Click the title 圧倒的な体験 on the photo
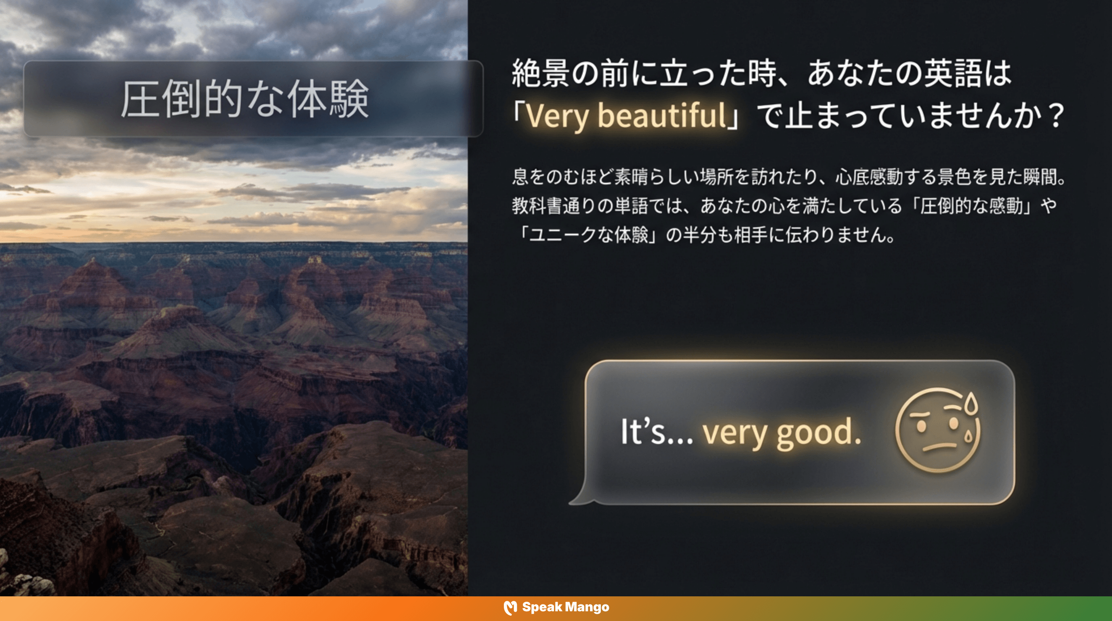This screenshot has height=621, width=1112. coord(244,99)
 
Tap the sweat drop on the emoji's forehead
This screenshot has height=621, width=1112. coord(971,403)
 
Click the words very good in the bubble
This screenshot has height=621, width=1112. coord(781,432)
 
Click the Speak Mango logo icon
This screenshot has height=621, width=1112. coord(510,607)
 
